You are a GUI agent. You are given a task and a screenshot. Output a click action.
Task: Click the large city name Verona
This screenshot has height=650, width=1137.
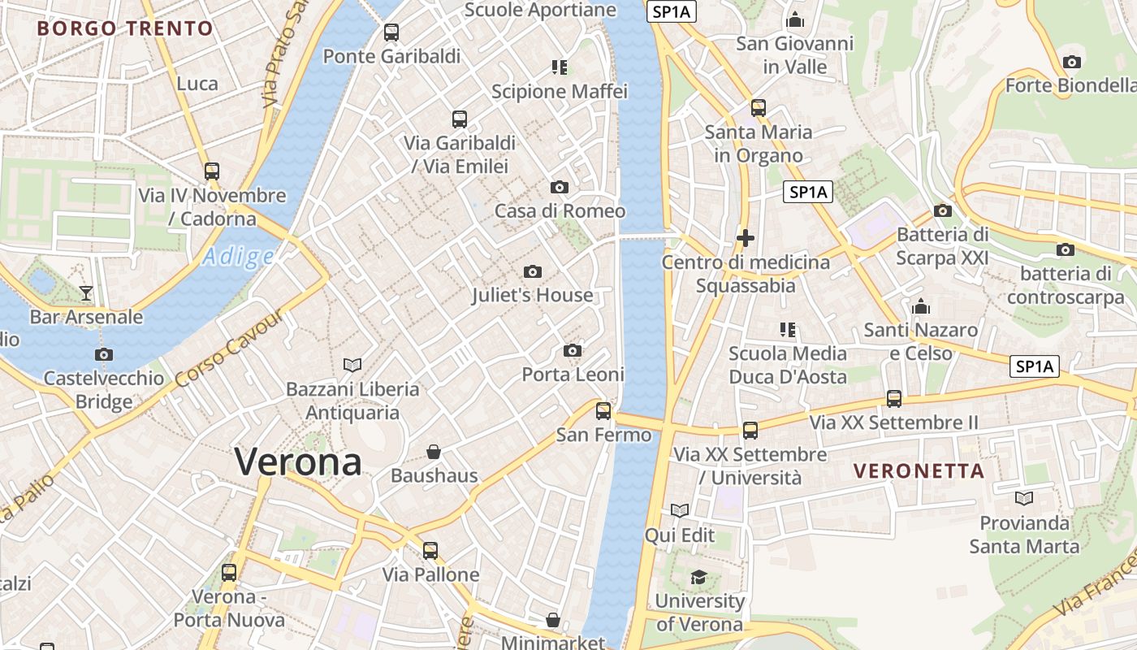pos(298,461)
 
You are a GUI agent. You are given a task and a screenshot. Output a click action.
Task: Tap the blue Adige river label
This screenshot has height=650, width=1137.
pos(238,257)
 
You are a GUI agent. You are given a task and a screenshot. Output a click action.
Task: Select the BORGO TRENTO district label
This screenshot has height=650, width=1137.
pos(125,28)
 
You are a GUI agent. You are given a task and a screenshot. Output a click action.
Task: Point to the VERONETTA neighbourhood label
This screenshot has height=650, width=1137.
pos(919,470)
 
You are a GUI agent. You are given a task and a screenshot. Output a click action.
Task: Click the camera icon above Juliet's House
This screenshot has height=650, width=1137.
pos(533,271)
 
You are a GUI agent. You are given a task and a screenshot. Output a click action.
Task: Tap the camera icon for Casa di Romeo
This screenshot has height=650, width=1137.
pos(559,188)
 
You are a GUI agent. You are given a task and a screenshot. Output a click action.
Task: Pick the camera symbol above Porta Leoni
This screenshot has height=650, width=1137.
pos(573,351)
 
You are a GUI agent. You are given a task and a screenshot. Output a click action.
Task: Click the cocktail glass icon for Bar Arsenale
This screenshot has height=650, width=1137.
pos(86,293)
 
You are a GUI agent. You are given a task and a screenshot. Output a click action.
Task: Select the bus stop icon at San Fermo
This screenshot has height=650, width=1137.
pos(603,411)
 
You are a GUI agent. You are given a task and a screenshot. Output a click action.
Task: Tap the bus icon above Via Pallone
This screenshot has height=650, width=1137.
pos(430,551)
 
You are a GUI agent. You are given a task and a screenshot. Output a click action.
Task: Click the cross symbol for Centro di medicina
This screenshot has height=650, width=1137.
pos(745,238)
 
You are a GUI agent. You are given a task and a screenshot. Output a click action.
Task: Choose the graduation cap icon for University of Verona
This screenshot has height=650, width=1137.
pos(698,578)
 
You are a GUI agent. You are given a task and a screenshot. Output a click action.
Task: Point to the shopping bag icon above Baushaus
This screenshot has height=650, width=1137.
pos(434,452)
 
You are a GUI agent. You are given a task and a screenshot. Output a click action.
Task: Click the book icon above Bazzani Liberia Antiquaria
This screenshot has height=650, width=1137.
pos(352,365)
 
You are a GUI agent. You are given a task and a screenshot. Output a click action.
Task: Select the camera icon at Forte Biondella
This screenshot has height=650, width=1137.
pos(1071,62)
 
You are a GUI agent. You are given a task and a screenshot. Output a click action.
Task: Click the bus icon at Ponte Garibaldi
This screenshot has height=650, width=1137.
pos(391,32)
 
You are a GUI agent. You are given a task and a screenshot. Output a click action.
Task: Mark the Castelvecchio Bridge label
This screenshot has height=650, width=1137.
pos(103,390)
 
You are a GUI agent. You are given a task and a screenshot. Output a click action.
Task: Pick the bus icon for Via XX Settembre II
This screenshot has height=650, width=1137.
pos(893,399)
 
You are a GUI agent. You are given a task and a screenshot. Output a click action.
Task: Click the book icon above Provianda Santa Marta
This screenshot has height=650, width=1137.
pos(1024,498)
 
